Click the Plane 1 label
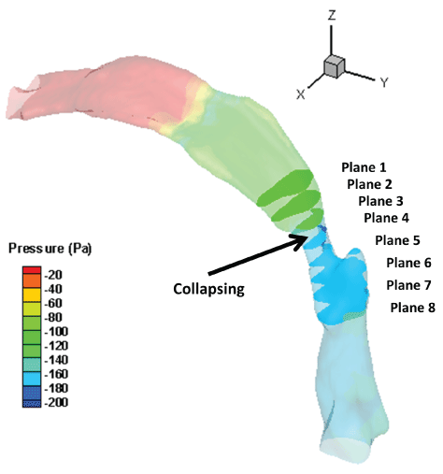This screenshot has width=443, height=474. point(364,167)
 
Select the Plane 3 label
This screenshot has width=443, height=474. point(380,201)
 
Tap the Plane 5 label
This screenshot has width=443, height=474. point(397,240)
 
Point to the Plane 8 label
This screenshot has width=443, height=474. point(413,308)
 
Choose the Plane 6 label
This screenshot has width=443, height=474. point(408,263)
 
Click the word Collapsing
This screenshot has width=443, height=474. point(208,289)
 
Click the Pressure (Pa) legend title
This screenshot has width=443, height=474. point(50,249)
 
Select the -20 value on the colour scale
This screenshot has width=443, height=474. point(53,275)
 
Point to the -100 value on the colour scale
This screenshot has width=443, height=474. point(56,331)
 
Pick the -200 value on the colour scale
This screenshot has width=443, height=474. point(56,402)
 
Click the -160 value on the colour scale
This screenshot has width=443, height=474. point(56,374)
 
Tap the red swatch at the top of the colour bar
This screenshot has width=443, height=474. point(32,270)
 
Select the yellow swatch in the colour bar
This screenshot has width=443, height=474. point(32,294)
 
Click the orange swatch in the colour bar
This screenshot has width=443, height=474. point(32,280)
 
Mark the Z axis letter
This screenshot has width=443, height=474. point(332,15)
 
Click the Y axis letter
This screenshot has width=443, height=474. point(384,82)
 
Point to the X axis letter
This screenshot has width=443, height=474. point(301,93)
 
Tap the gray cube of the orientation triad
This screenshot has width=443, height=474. point(334,66)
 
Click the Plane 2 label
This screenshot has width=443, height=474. point(369,184)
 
